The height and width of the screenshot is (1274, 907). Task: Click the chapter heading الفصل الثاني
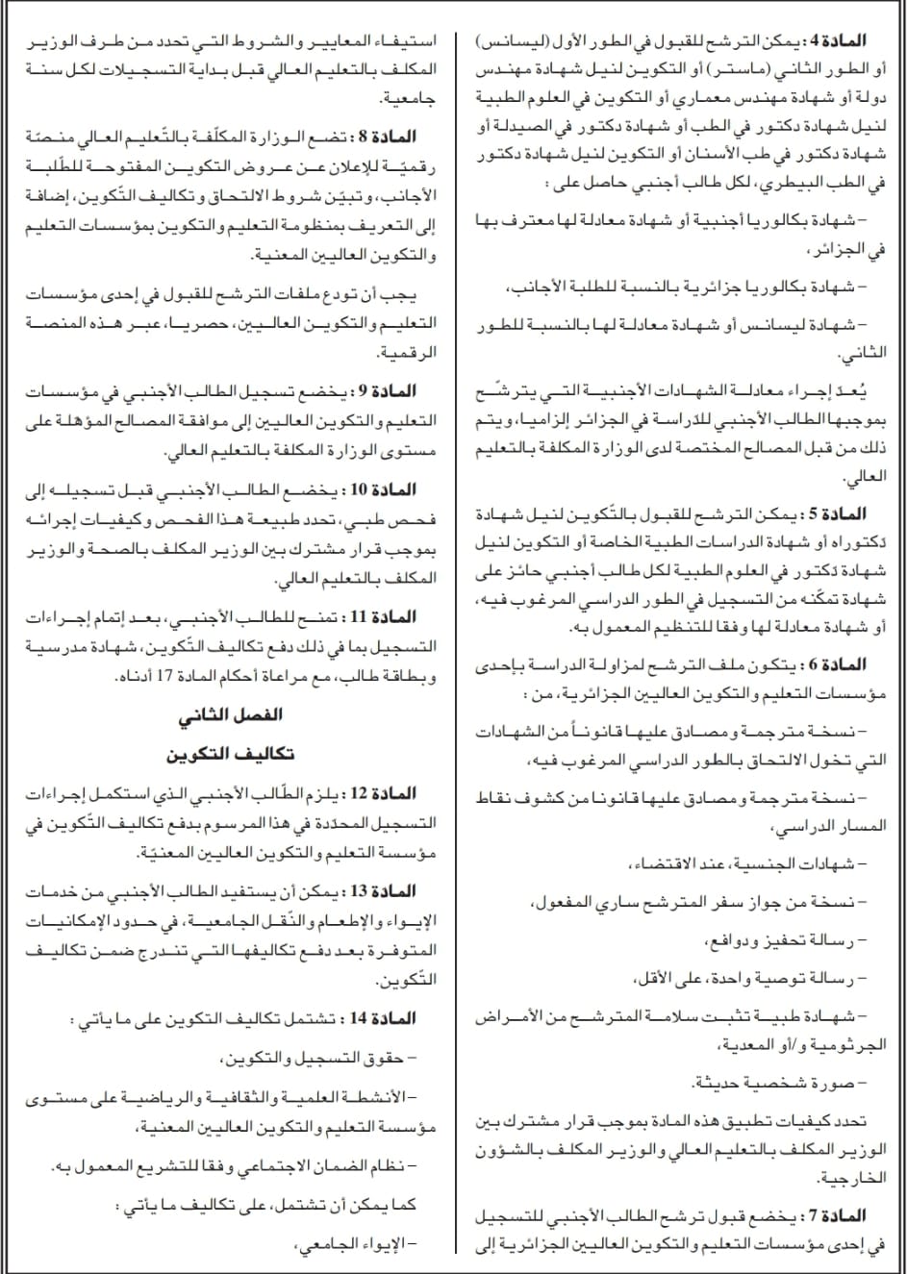230,715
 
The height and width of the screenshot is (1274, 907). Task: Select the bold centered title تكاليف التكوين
230,754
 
